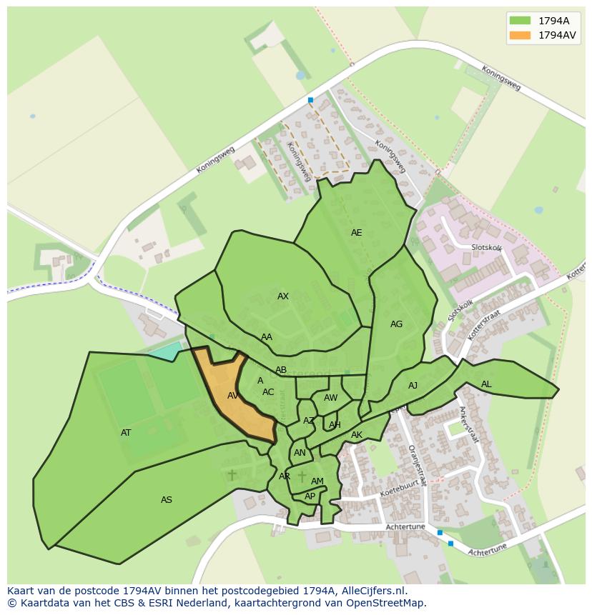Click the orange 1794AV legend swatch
520,35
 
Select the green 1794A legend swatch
520,21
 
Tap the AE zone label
356,233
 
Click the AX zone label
283,296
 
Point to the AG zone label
396,324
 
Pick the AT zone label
126,433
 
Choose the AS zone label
167,500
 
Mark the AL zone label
486,384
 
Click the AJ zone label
413,386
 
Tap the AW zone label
330,398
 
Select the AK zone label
357,435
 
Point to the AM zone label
317,481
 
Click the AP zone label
310,496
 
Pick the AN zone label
300,453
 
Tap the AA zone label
267,337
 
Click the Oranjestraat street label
417,466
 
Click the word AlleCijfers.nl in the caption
373,591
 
